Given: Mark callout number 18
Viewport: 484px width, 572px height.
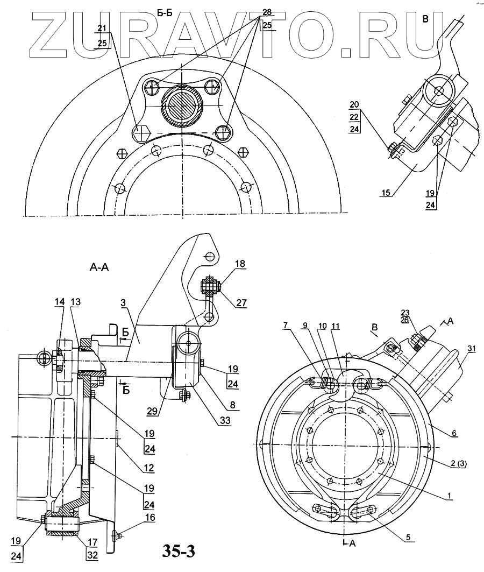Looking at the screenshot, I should (240, 264).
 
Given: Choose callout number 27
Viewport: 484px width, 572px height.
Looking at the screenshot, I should (241, 303).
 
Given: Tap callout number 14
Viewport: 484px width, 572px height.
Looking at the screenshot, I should (59, 302).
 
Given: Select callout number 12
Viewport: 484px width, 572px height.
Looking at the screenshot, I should (148, 468).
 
